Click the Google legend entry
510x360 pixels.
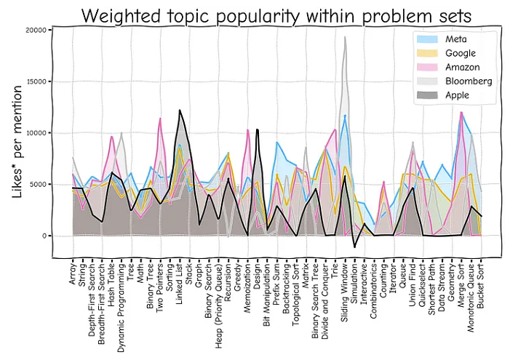point(457,52)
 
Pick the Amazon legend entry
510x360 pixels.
point(458,67)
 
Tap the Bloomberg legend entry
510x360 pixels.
point(463,81)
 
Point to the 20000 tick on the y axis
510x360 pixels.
point(36,30)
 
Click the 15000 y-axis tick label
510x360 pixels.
point(36,81)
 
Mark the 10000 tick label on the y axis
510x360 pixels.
point(36,133)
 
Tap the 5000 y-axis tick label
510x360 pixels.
point(39,184)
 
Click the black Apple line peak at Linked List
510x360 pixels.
point(180,111)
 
